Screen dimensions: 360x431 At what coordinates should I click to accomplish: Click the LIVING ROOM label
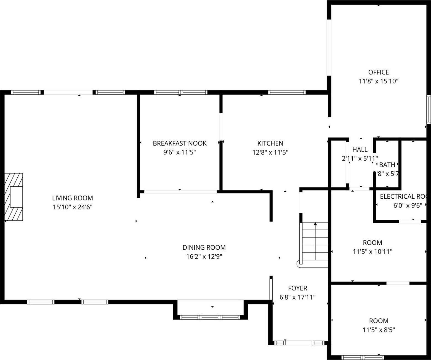[73, 198]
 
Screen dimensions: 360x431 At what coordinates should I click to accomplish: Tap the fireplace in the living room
[14, 197]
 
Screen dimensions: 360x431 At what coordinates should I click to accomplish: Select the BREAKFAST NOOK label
[180, 143]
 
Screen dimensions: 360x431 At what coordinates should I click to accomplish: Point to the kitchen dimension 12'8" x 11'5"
[270, 152]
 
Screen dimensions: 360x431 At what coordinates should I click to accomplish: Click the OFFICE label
[378, 72]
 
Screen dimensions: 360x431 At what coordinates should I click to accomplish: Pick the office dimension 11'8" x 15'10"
[378, 81]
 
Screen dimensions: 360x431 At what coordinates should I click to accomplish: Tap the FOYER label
[297, 288]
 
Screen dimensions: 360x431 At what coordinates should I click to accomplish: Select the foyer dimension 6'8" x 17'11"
[297, 297]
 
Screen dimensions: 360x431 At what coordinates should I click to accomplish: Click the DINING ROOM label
[204, 247]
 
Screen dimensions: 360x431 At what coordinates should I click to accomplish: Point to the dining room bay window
[210, 317]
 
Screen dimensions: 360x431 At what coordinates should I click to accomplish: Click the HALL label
[360, 150]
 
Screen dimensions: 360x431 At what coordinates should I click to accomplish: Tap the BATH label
[387, 165]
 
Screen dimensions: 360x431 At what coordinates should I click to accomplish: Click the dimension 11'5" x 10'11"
[373, 252]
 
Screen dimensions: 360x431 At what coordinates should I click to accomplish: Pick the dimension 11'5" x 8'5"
[379, 330]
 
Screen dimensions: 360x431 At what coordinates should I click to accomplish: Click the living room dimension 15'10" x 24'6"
[73, 207]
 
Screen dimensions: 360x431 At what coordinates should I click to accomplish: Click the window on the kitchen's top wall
[287, 92]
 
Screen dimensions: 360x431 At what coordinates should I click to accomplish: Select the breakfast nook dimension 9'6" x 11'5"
[180, 152]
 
